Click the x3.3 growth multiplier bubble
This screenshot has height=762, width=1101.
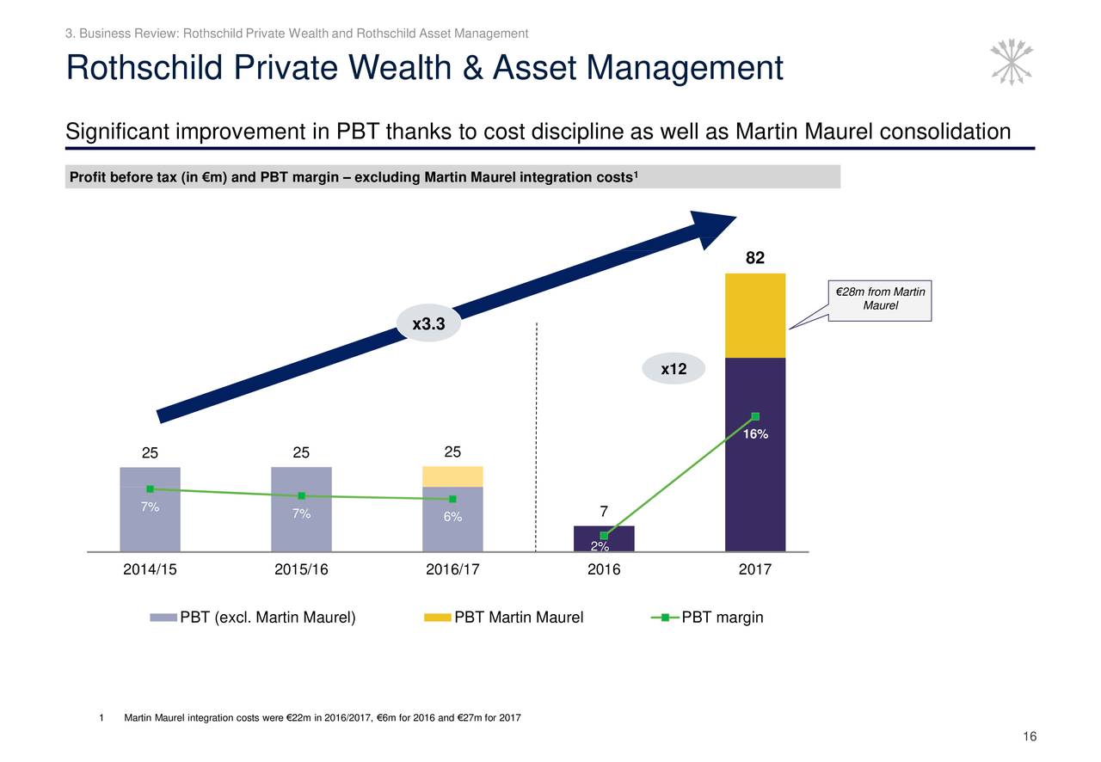(428, 324)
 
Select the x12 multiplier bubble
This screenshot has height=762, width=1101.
(674, 369)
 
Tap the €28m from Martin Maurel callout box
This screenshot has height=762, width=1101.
(879, 300)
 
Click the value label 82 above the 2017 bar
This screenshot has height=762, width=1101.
(754, 258)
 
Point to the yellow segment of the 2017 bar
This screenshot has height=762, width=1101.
(754, 316)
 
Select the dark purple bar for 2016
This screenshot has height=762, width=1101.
(604, 538)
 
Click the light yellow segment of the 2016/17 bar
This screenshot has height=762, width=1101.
(452, 476)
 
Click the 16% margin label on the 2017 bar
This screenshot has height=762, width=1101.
(755, 434)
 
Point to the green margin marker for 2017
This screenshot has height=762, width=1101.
(755, 416)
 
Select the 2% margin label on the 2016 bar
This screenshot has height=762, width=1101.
(600, 547)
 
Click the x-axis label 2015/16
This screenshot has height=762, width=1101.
(301, 569)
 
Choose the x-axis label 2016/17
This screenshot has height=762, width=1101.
(452, 569)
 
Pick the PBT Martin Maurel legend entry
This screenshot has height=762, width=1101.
(505, 618)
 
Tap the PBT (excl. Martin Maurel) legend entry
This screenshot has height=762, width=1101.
(253, 618)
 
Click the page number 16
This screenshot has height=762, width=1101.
(1030, 736)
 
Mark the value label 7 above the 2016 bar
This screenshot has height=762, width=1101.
(604, 512)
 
